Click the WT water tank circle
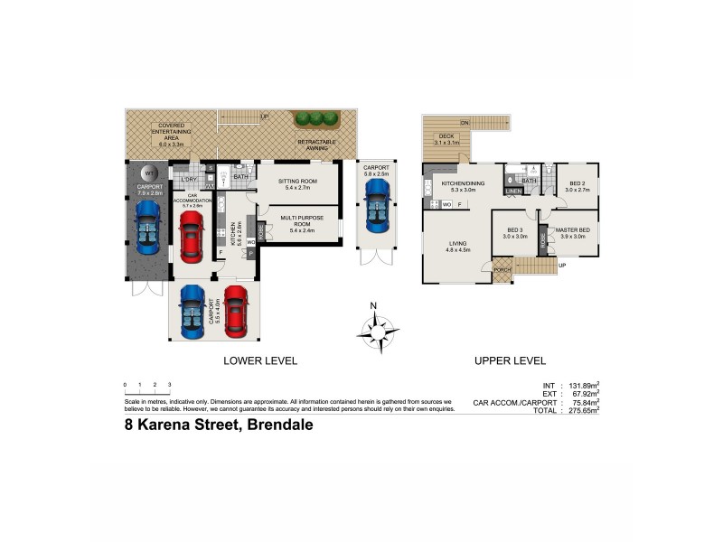click(151, 173)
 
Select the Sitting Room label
click(297, 184)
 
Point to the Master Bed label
click(571, 233)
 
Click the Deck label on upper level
click(446, 139)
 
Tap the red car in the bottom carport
click(235, 312)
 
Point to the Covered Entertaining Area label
click(171, 135)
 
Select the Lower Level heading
click(260, 361)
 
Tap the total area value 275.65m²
click(583, 409)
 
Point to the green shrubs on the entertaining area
click(315, 118)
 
